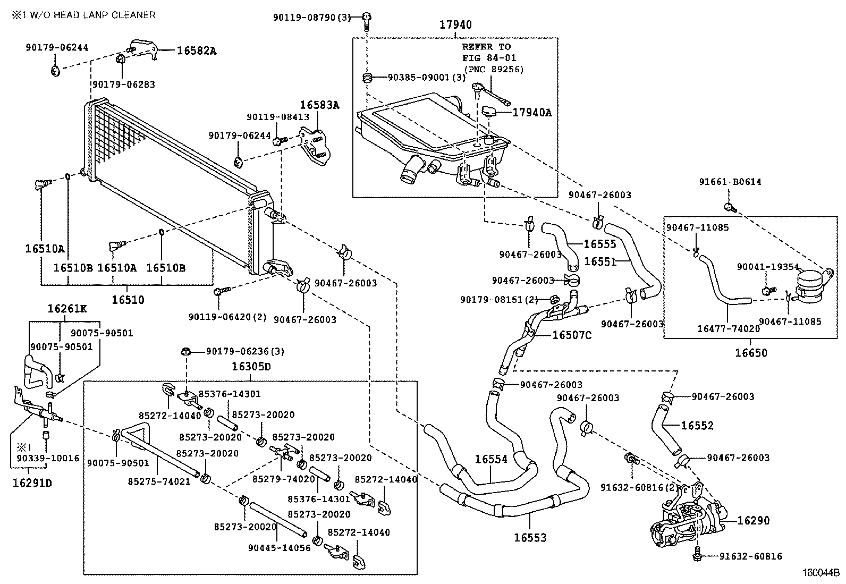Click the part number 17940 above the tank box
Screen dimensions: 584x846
(455, 24)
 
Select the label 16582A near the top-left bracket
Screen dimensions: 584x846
(197, 51)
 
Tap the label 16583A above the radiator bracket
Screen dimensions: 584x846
(319, 105)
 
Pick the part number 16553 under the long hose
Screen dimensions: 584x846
(530, 538)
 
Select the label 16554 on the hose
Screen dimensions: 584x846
(491, 459)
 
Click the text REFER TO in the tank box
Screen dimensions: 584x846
(486, 47)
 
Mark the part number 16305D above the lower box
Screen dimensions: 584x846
(251, 367)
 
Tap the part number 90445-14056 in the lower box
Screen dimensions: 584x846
(279, 548)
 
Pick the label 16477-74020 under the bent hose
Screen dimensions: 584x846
(729, 329)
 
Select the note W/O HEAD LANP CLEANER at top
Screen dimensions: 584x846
(84, 15)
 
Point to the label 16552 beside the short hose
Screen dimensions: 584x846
(697, 426)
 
